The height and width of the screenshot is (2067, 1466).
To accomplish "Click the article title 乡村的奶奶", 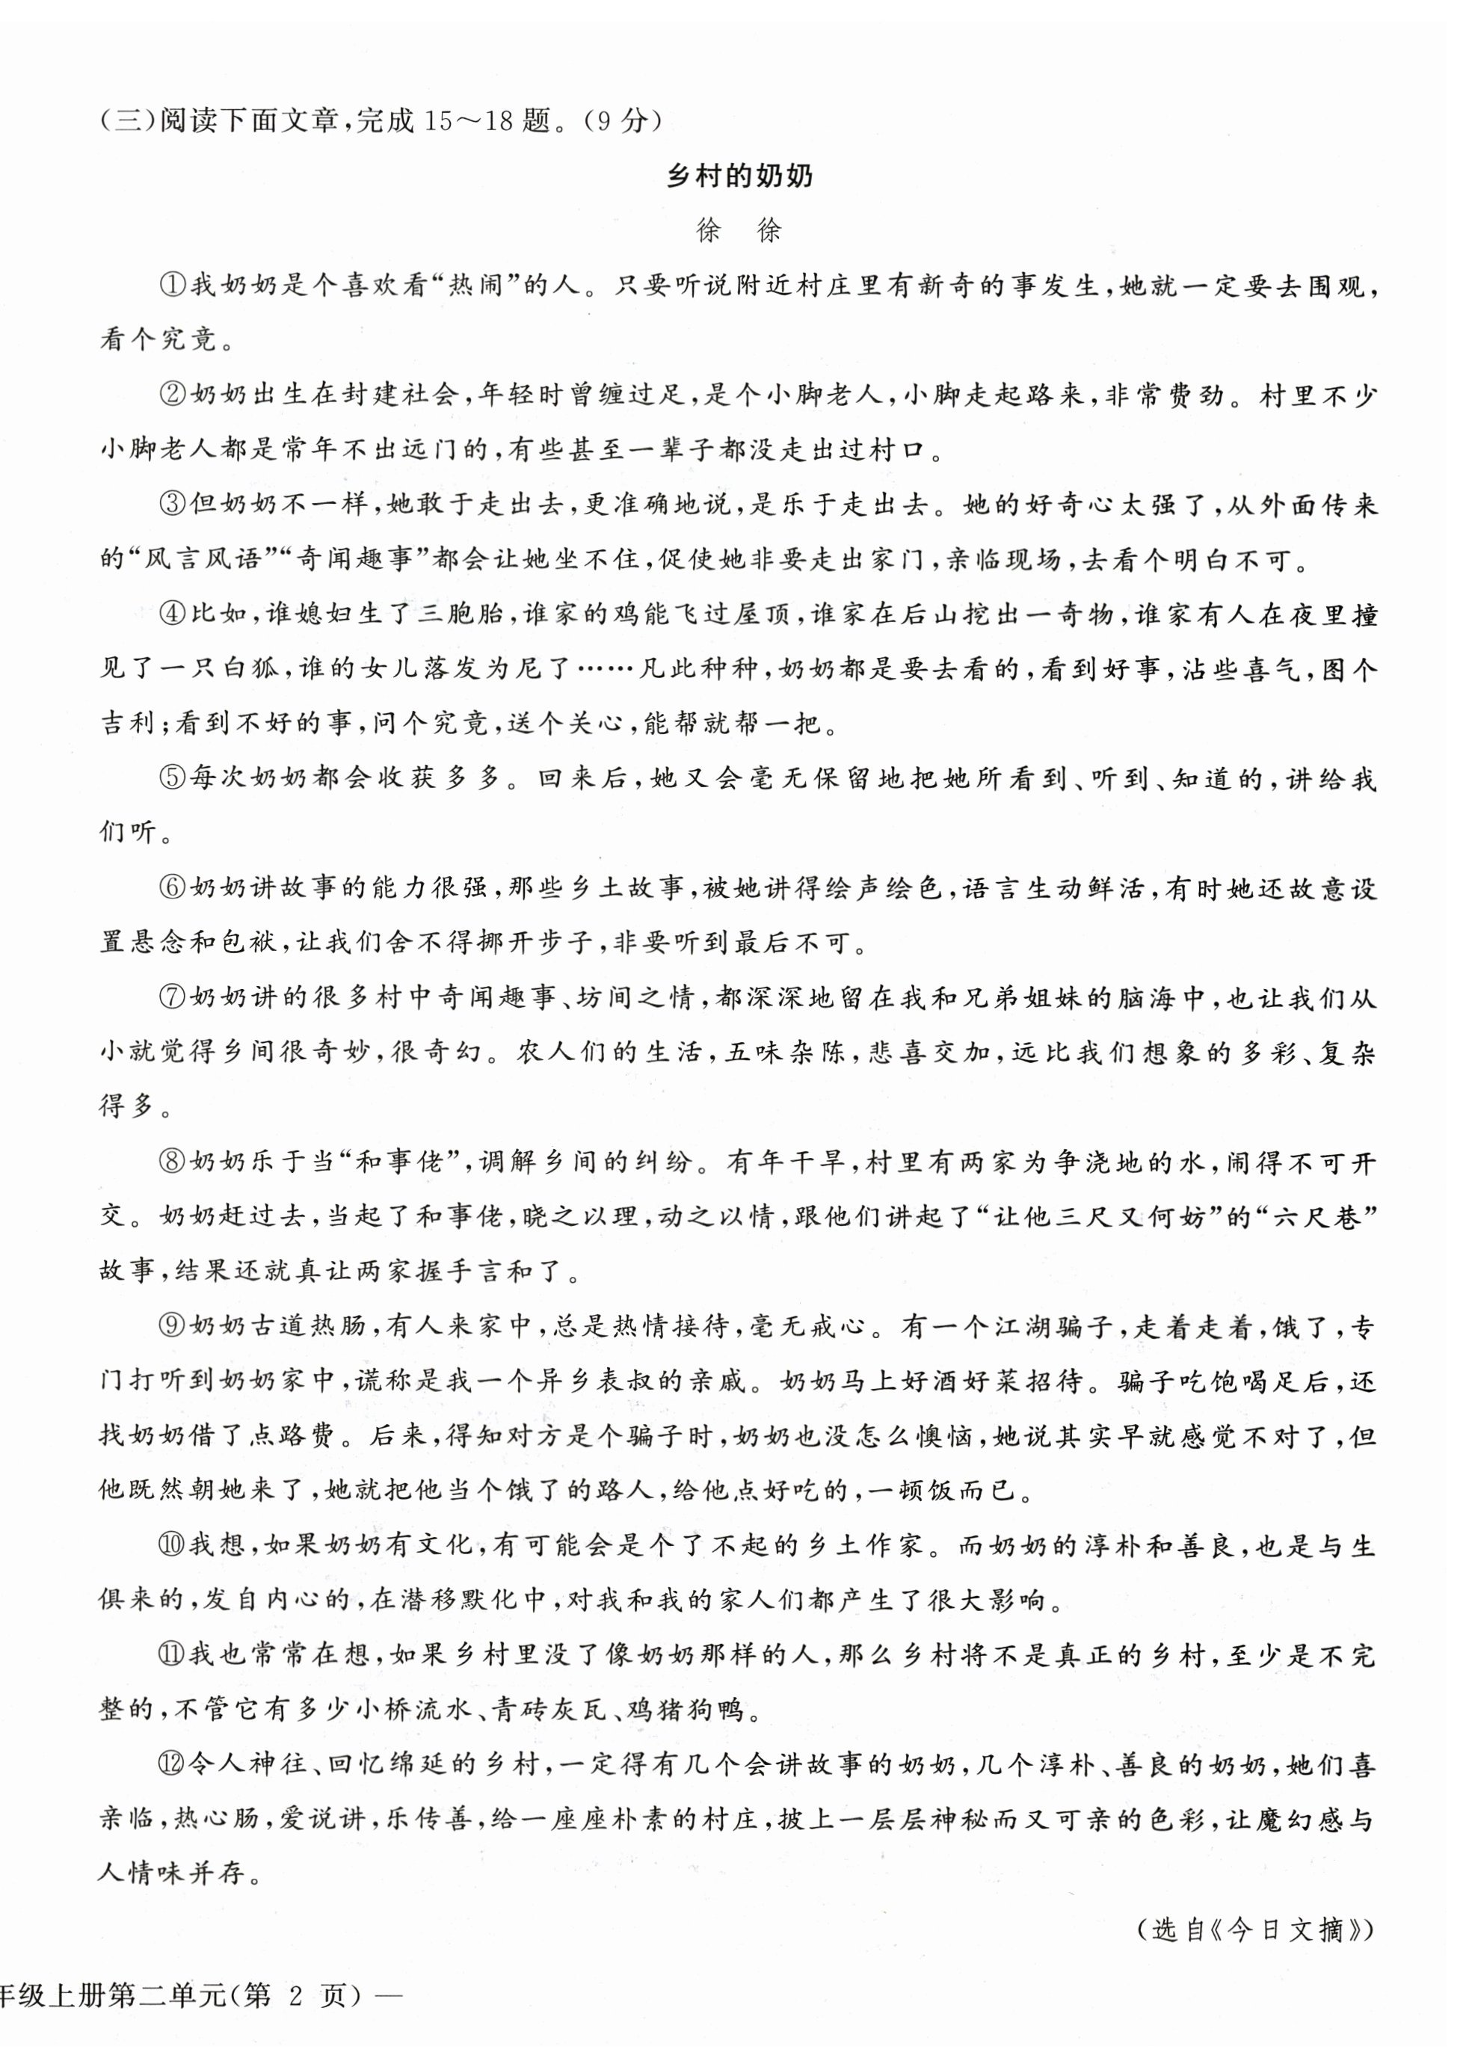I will pyautogui.click(x=739, y=176).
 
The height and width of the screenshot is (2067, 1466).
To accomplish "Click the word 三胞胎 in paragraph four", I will pyautogui.click(x=461, y=614).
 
